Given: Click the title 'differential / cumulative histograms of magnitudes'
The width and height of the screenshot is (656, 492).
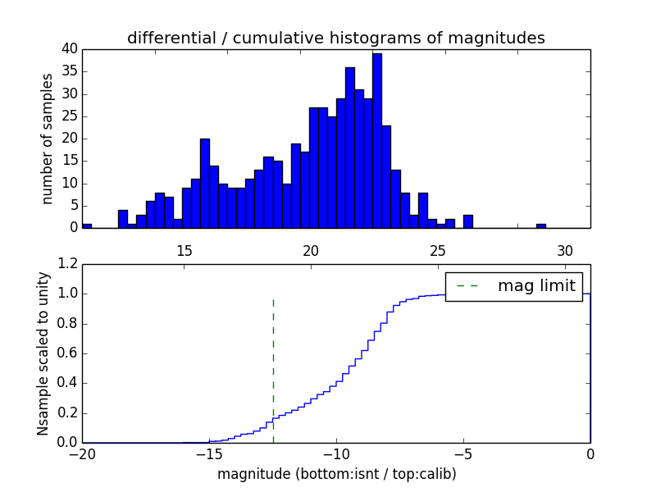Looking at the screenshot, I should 335,38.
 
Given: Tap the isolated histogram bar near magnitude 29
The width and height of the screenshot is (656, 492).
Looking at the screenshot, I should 541,225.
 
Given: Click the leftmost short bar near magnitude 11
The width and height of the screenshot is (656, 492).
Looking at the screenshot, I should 87,225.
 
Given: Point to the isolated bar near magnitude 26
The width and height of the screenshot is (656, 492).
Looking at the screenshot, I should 468,221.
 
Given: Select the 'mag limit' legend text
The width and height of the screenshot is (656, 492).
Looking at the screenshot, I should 535,285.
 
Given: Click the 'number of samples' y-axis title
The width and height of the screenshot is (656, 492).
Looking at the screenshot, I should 48,139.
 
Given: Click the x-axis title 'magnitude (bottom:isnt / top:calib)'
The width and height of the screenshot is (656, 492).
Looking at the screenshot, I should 336,474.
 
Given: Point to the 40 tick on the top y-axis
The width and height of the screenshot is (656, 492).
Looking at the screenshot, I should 71,49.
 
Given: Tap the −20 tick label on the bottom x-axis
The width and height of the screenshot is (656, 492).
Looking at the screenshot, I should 83,454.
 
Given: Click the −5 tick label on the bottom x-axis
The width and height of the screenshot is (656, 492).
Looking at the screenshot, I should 463,454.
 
